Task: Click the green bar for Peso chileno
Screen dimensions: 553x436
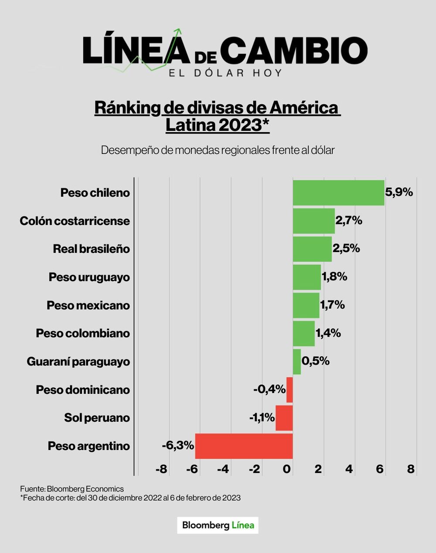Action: (x=338, y=193)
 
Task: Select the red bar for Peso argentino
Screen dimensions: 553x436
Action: (x=244, y=446)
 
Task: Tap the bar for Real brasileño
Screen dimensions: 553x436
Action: (x=312, y=249)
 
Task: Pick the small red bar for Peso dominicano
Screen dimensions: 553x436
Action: (x=290, y=389)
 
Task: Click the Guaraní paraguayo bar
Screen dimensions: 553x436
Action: (x=297, y=362)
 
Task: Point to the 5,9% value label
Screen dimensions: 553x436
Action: (x=399, y=192)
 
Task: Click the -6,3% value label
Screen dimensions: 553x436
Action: (x=177, y=446)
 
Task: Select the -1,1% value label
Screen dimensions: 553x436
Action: (x=262, y=418)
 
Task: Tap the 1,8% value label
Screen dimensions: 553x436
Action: (x=334, y=276)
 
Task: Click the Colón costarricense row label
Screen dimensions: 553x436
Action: (x=75, y=221)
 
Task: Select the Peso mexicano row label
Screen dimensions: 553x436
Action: (x=88, y=305)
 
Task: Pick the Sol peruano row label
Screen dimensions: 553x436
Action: (x=97, y=418)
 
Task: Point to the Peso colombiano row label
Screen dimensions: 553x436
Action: (x=83, y=333)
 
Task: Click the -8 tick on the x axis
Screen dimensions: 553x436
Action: (x=161, y=469)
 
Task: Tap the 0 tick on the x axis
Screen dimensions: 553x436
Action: (x=286, y=469)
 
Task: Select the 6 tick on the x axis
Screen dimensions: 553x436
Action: (x=380, y=469)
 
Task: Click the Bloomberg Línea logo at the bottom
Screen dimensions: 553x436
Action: (x=218, y=525)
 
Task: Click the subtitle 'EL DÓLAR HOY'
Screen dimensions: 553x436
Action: (x=225, y=72)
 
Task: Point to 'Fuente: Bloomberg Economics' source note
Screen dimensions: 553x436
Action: (x=72, y=489)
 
